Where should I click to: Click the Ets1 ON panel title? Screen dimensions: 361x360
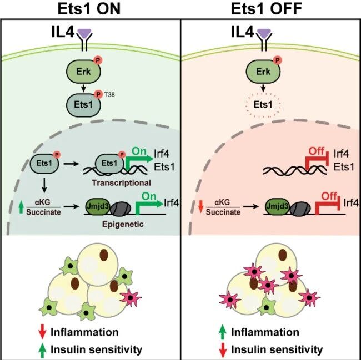89,9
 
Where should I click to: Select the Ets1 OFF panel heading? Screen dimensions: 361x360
267,9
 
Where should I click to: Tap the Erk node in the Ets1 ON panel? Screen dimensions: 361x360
83,72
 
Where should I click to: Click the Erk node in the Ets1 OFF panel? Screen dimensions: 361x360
263,72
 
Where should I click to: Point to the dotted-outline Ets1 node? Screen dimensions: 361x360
263,105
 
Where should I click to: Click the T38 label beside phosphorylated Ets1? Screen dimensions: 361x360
109,94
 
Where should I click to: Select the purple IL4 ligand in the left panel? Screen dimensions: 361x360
84,34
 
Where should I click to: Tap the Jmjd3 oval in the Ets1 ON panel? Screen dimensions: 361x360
98,206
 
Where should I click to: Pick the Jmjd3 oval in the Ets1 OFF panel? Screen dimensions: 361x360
277,206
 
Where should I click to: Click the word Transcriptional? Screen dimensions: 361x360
121,183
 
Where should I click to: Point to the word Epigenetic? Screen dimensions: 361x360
123,224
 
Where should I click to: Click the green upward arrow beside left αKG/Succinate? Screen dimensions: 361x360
21,207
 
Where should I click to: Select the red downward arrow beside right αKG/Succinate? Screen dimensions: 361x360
200,206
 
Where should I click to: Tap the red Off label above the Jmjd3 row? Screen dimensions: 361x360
329,196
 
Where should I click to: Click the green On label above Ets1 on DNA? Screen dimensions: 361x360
139,151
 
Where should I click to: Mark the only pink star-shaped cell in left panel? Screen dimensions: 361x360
131,297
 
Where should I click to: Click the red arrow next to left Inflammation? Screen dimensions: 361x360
42,331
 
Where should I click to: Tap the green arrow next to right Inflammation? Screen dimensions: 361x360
222,332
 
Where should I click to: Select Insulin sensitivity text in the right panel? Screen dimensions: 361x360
277,350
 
